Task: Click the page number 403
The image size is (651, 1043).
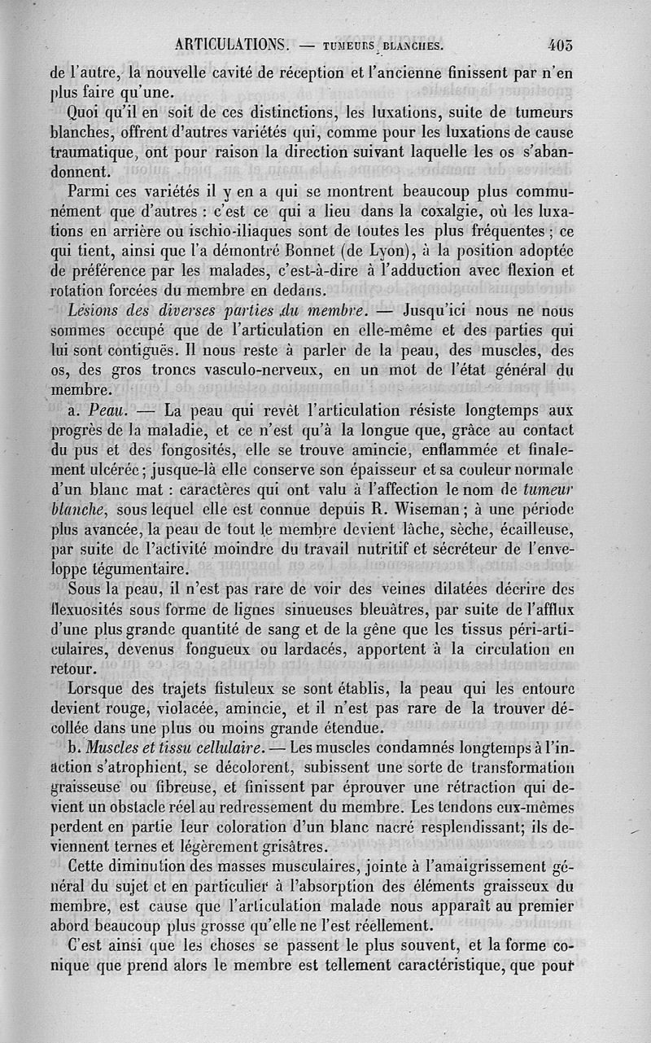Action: point(561,46)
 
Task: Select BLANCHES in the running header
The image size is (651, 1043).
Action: point(413,47)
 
